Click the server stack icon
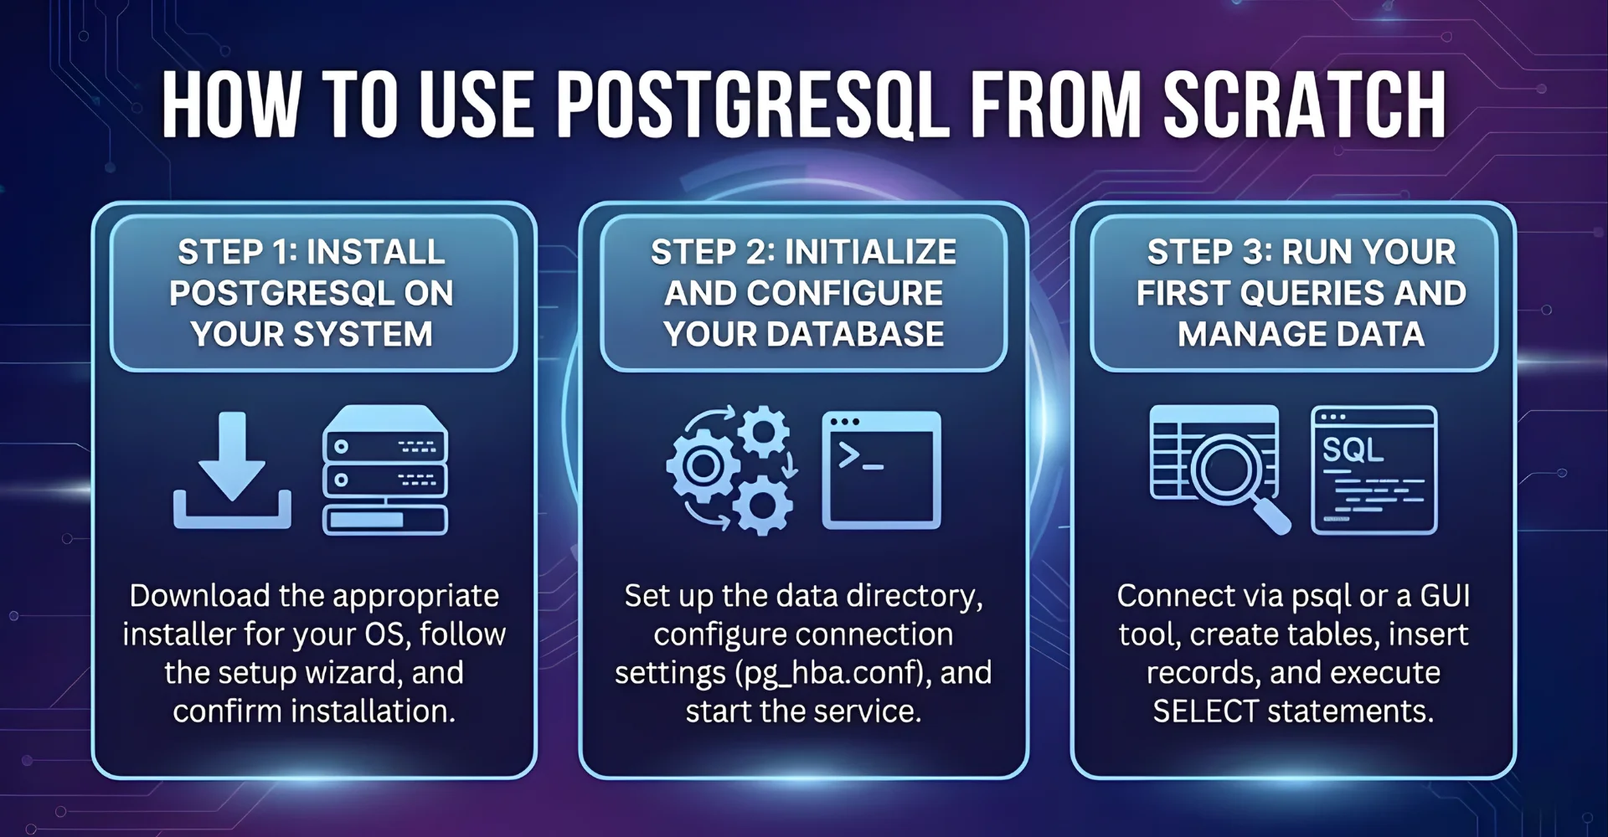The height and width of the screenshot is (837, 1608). pyautogui.click(x=385, y=470)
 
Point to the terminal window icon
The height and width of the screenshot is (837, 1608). pyautogui.click(x=881, y=470)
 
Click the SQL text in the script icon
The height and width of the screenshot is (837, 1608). pyautogui.click(x=1352, y=450)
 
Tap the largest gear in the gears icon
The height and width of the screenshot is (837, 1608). pyautogui.click(x=703, y=465)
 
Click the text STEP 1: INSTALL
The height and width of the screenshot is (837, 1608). pyautogui.click(x=312, y=252)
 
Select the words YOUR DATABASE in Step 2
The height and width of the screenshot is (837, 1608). pyautogui.click(x=803, y=334)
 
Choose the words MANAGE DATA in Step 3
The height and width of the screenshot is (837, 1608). pyautogui.click(x=1301, y=334)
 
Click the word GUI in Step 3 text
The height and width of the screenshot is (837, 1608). pyautogui.click(x=1445, y=596)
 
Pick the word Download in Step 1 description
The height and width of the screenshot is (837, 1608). pyautogui.click(x=199, y=596)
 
